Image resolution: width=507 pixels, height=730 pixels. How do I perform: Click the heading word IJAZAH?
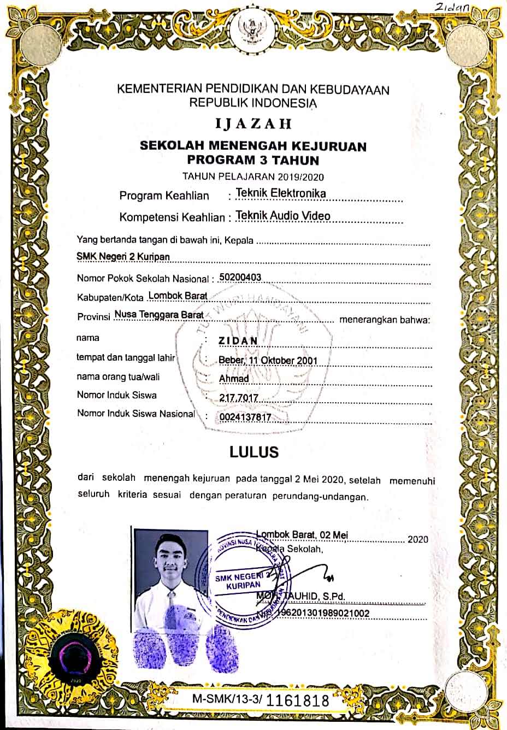click(x=253, y=123)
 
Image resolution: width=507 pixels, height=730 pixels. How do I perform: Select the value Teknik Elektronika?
click(x=281, y=193)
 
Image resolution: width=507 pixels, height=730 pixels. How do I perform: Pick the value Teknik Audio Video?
click(x=283, y=215)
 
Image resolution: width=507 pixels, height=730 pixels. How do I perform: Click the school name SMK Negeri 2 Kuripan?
click(x=123, y=256)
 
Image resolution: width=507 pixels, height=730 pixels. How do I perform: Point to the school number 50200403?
click(x=240, y=277)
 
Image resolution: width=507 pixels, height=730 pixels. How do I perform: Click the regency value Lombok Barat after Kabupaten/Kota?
click(x=178, y=296)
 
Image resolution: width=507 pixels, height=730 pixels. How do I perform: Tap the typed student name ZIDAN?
click(x=238, y=341)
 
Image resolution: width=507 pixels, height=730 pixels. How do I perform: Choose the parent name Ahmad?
click(x=234, y=378)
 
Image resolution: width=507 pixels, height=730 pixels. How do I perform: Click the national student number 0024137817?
click(x=245, y=418)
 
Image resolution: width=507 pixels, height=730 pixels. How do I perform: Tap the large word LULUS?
click(x=254, y=452)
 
